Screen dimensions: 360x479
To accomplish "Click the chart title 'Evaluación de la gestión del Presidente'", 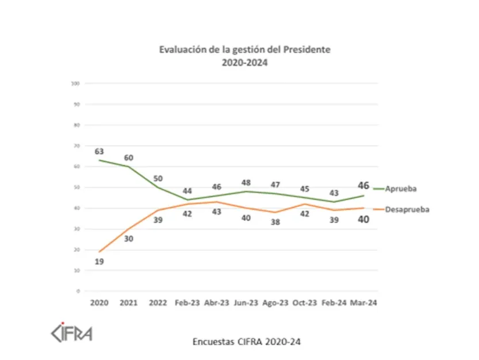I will click(244, 49).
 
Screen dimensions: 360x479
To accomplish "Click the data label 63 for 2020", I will click(99, 151).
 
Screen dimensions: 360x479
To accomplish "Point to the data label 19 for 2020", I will click(99, 261).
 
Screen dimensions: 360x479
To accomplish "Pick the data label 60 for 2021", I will click(128, 158).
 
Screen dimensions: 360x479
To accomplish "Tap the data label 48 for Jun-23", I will click(246, 183).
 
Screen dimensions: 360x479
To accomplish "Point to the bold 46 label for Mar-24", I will click(363, 185).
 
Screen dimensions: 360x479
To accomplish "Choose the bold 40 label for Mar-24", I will click(363, 219).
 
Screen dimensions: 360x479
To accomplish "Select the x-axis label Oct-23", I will click(305, 302).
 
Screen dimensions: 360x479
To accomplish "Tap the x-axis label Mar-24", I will click(363, 302).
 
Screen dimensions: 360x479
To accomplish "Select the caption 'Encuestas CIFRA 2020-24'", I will click(247, 341).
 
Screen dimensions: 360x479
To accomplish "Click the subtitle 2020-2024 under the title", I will click(244, 63).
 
